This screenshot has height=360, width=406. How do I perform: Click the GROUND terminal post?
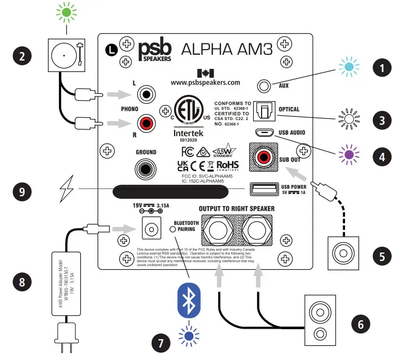[x=145, y=169]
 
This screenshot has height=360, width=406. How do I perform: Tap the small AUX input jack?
[x=265, y=86]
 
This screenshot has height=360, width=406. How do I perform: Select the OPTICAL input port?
[x=262, y=110]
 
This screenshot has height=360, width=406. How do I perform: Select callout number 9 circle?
[x=22, y=191]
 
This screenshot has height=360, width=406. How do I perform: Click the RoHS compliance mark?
[x=227, y=165]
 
